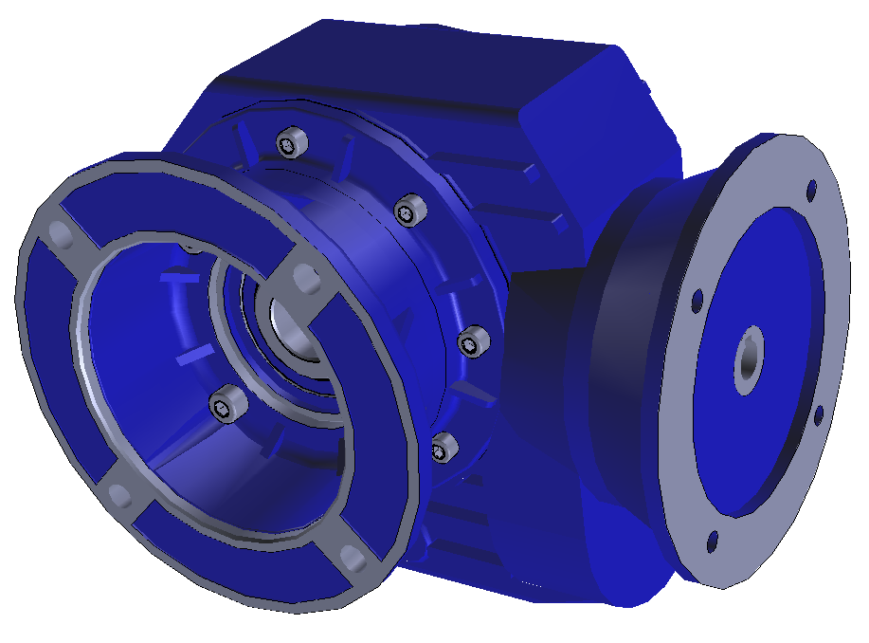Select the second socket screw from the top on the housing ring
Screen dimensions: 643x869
407,210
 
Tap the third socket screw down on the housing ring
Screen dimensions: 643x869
471,341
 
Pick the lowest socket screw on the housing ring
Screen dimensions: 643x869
443,445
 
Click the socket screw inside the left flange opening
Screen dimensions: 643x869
226,406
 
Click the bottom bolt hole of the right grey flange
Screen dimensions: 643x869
713,544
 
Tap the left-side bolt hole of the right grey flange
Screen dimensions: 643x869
697,303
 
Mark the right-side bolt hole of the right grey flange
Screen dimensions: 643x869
818,413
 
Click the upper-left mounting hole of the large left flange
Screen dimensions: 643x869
59,233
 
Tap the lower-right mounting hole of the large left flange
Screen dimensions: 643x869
353,559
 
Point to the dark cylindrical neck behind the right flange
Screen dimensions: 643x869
625,360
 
